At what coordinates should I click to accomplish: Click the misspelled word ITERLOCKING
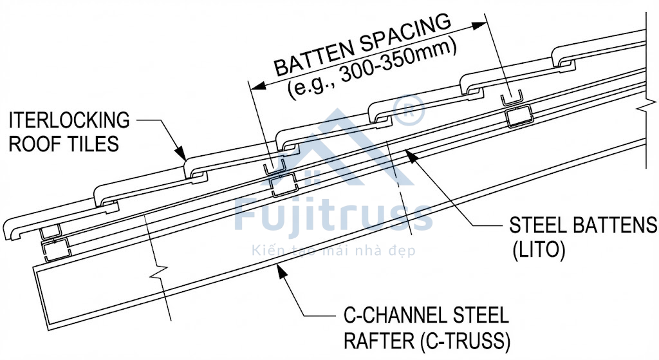[70, 120]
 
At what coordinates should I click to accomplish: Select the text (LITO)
[539, 250]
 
